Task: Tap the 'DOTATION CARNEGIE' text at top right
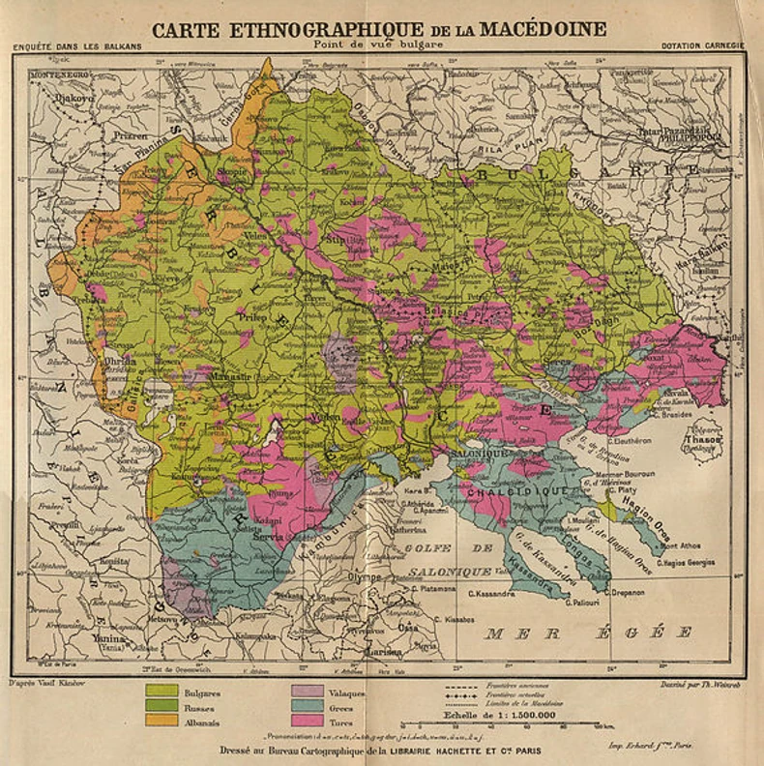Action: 702,45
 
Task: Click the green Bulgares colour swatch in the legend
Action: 162,692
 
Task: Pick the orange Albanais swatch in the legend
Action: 162,721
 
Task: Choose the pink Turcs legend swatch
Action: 307,721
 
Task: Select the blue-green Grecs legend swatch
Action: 307,706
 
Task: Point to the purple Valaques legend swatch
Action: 307,692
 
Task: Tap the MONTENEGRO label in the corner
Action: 60,74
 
